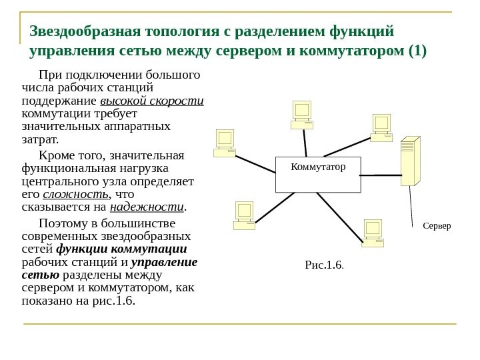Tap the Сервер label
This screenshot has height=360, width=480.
tap(437, 225)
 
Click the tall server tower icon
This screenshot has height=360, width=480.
tap(409, 161)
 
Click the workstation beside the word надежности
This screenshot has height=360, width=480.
tap(244, 215)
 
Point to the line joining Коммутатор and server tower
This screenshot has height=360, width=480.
tap(380, 175)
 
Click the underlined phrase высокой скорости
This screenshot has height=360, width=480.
tap(152, 101)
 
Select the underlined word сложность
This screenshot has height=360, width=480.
tap(75, 194)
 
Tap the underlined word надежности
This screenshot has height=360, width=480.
tap(147, 207)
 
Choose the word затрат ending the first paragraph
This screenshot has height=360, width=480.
tap(39, 140)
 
